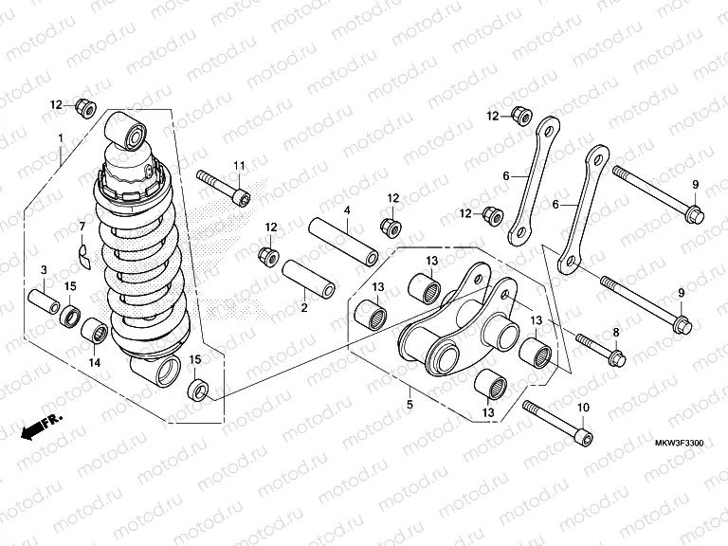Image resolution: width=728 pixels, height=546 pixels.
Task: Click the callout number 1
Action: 61,138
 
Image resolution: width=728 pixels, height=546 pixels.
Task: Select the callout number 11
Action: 240,166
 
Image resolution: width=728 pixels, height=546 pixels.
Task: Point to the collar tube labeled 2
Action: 309,278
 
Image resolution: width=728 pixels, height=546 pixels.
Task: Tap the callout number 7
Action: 82,227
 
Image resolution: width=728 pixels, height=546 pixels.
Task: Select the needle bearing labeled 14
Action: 93,333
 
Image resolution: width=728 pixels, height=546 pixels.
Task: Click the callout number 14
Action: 94,362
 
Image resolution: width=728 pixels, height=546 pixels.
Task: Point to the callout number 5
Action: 409,405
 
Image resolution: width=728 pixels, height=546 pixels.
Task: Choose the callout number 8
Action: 614,332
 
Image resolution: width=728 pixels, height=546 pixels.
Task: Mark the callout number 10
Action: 582,408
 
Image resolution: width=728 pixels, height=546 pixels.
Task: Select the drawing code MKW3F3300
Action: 681,443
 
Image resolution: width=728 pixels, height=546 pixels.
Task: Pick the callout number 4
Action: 347,209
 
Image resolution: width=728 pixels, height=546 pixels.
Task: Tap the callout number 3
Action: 43,271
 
